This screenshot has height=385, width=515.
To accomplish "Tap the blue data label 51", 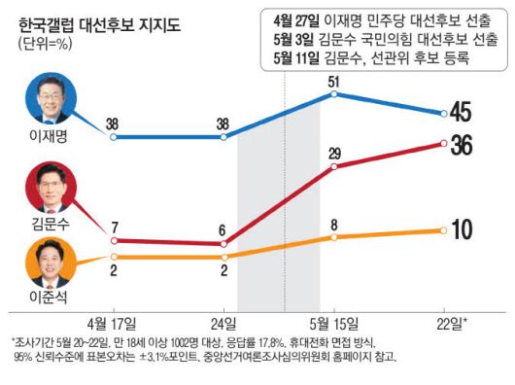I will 335,80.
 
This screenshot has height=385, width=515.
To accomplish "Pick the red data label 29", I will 335,153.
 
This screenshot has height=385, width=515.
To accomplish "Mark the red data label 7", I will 115,226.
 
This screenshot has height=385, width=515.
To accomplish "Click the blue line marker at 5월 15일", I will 335,94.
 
